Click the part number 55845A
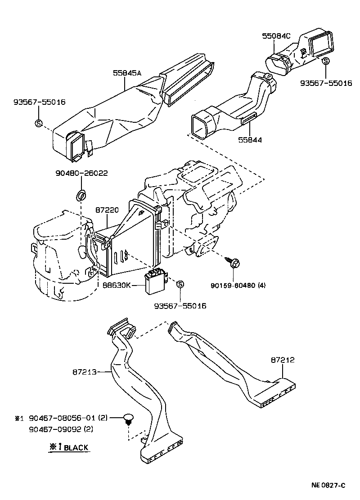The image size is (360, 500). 127,72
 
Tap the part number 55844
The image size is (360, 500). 250,140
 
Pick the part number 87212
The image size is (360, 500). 283,360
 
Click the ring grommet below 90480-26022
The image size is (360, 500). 81,196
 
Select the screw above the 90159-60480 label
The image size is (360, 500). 233,262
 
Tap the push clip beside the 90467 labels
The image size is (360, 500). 129,419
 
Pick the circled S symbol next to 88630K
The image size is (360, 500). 180,284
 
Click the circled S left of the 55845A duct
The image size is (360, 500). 38,123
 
